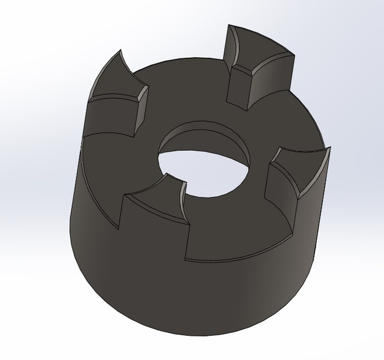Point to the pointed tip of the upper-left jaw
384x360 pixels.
120,51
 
